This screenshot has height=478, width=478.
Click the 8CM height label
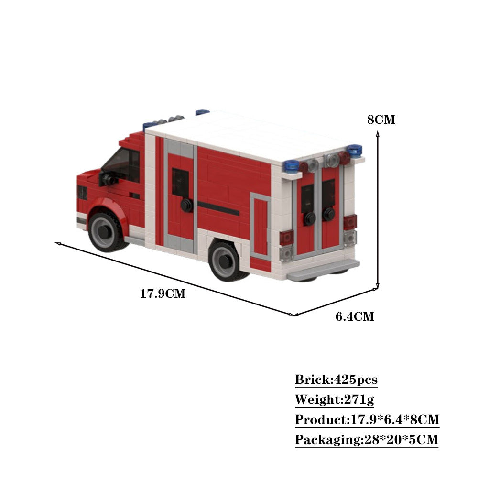[381, 119]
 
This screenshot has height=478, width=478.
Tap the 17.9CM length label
[163, 293]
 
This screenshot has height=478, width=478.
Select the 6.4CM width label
[355, 316]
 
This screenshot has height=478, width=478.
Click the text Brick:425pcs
[336, 380]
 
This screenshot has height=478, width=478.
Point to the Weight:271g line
[334, 400]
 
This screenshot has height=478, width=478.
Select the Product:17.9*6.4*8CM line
[367, 420]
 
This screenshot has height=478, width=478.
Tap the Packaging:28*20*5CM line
[366, 439]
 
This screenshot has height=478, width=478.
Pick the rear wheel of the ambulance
[225, 261]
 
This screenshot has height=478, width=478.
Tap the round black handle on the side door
[186, 205]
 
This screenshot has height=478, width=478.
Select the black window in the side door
[180, 183]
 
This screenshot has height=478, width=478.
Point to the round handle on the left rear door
[310, 218]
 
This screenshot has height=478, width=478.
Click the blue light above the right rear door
[355, 150]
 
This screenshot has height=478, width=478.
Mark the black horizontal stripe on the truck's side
[218, 208]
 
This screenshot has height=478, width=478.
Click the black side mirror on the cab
[106, 179]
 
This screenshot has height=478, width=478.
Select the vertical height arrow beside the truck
[378, 210]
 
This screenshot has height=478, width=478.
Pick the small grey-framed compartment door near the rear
[261, 227]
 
